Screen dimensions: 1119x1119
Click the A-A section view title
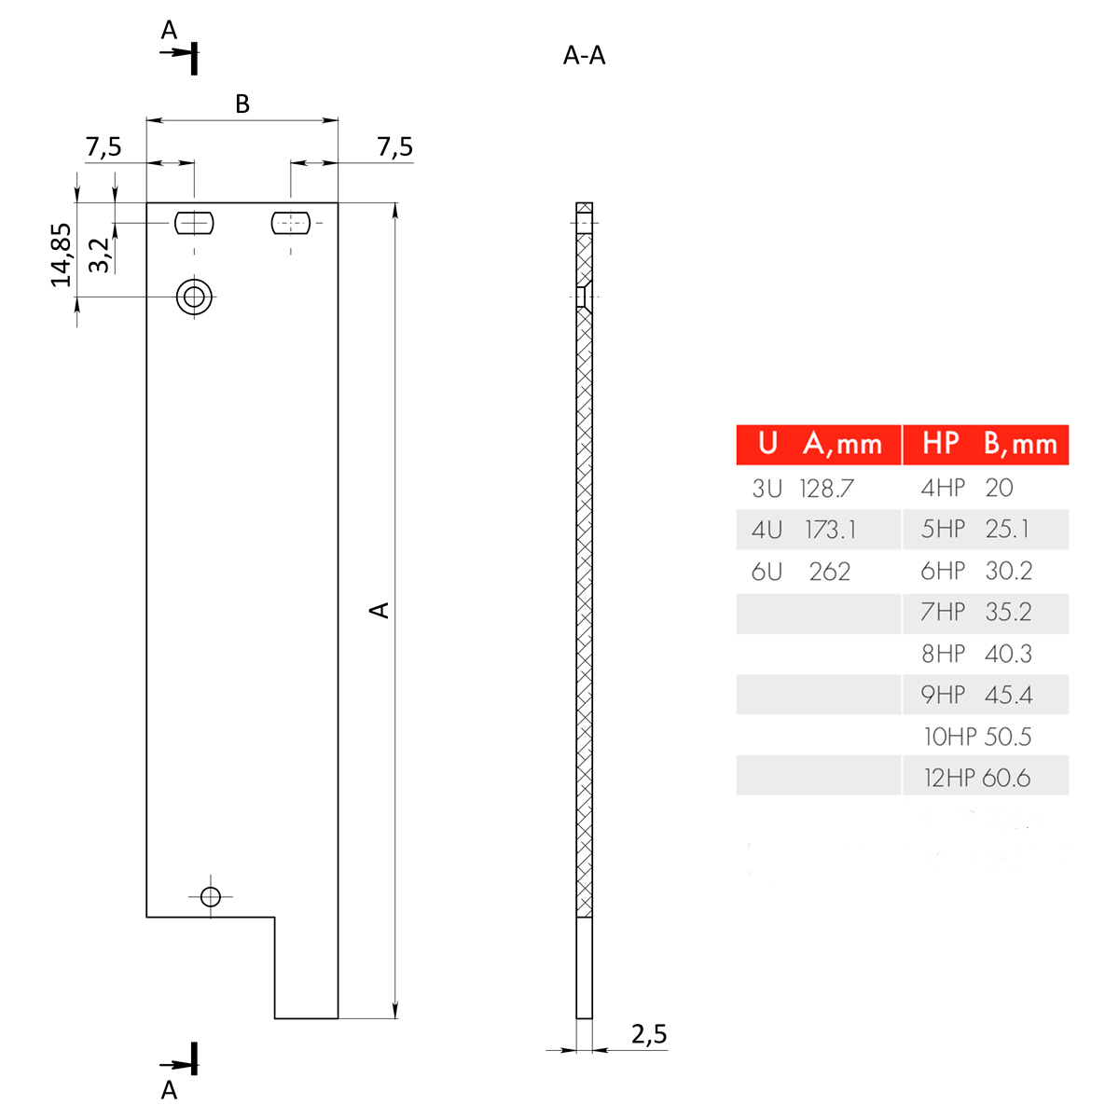pyautogui.click(x=585, y=56)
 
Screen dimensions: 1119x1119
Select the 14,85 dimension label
pyautogui.click(x=62, y=255)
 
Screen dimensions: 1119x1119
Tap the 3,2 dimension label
pyautogui.click(x=100, y=255)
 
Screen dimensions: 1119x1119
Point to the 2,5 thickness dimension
pyautogui.click(x=649, y=1033)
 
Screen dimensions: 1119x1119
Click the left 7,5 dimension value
pyautogui.click(x=104, y=147)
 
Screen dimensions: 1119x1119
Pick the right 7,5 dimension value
pyautogui.click(x=394, y=147)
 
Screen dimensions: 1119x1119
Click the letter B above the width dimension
pyautogui.click(x=242, y=104)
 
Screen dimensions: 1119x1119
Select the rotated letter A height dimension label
pyautogui.click(x=380, y=610)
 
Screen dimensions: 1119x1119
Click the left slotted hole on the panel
pyautogui.click(x=195, y=223)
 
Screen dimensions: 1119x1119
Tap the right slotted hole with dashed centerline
pyautogui.click(x=290, y=223)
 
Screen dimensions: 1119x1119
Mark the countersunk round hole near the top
pyautogui.click(x=195, y=297)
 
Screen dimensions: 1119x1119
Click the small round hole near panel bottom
pyautogui.click(x=211, y=897)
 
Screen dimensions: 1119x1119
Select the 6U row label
pyautogui.click(x=767, y=572)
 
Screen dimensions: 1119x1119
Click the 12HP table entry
pyautogui.click(x=948, y=778)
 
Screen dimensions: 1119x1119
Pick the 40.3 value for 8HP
pyautogui.click(x=1008, y=654)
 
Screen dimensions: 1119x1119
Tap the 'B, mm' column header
pyautogui.click(x=1020, y=444)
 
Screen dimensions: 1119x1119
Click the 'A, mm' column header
pyautogui.click(x=842, y=444)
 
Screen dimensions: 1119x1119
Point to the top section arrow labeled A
pyautogui.click(x=177, y=52)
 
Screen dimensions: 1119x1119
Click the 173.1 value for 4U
pyautogui.click(x=830, y=530)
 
